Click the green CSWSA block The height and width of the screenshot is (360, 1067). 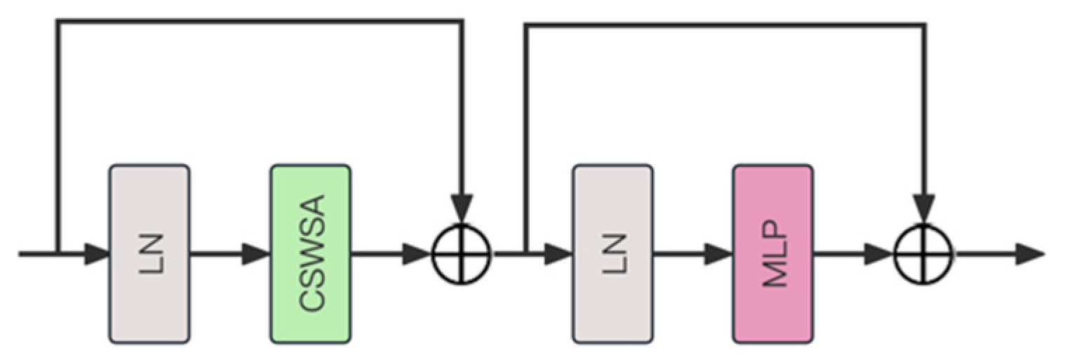coord(310,254)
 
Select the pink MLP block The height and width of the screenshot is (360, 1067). coord(773,254)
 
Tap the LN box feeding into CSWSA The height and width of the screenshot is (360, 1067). coord(149,254)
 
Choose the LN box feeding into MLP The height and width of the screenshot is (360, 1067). coord(612,254)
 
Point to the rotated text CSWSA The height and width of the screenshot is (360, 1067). coord(311,254)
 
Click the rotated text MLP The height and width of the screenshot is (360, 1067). coord(774,254)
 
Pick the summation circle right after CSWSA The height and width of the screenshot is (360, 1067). coord(460,253)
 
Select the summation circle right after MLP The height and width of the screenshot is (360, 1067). coord(924,253)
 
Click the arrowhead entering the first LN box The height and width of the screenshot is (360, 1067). coord(98,254)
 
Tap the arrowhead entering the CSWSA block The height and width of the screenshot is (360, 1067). coord(257,254)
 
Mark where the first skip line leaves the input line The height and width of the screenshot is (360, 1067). coord(58,253)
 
